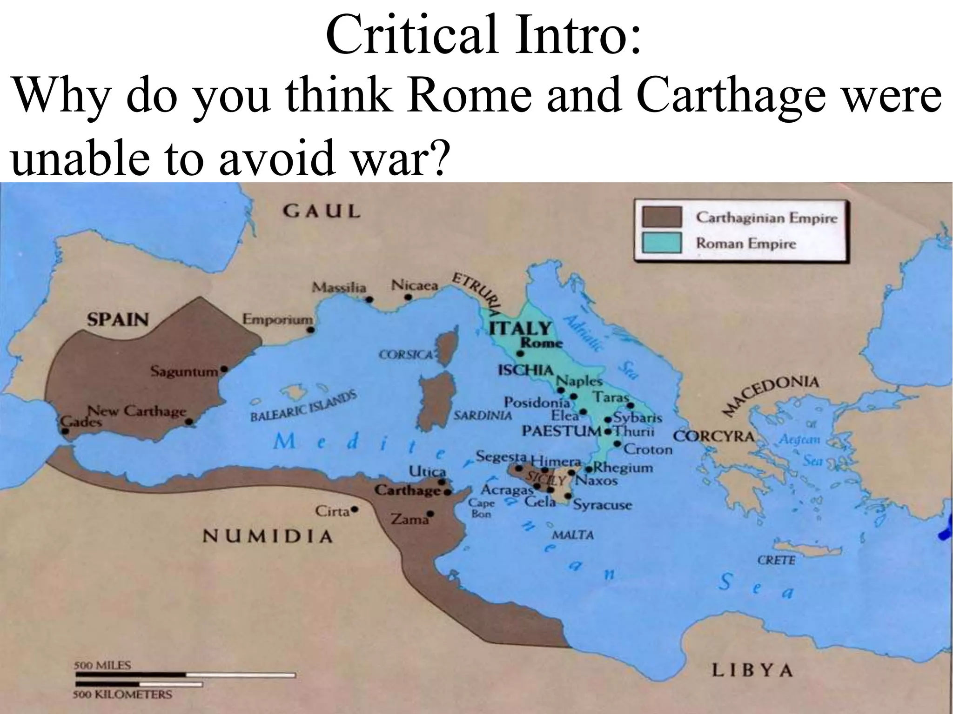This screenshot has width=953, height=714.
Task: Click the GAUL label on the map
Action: (x=322, y=212)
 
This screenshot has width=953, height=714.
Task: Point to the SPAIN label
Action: (x=118, y=319)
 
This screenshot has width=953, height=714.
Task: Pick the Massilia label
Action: (x=339, y=287)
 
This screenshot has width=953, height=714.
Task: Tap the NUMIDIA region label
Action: (x=268, y=536)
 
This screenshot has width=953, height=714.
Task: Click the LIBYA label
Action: (x=752, y=670)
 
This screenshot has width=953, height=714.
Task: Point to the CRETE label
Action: (x=776, y=560)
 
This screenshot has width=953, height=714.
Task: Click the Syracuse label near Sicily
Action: (x=603, y=505)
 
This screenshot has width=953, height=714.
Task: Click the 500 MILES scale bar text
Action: (x=103, y=665)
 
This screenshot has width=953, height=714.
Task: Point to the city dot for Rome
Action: (x=520, y=353)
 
